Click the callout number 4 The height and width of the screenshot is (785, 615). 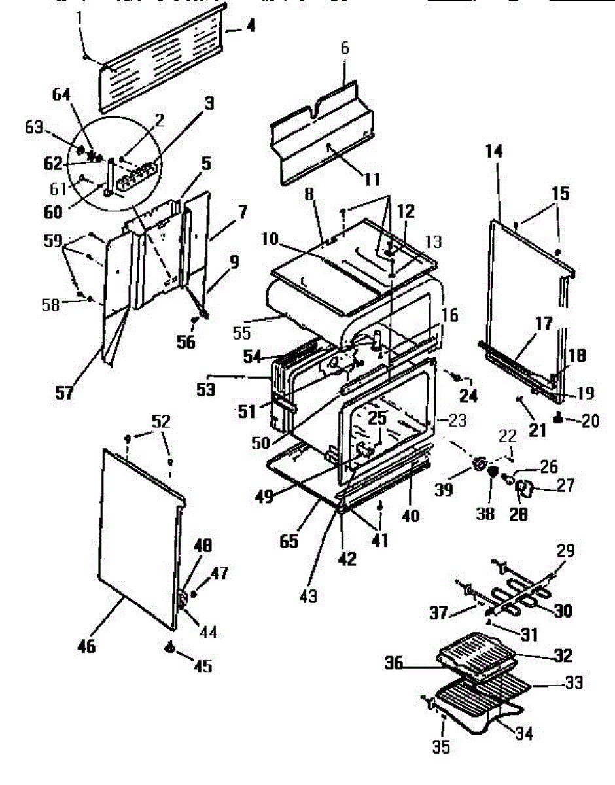point(251,27)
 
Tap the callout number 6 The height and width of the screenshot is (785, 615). point(345,48)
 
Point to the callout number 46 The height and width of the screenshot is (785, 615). point(86,646)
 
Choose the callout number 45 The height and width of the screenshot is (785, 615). point(203,666)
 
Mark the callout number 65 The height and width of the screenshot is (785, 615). point(289,542)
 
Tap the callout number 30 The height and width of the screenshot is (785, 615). point(563,611)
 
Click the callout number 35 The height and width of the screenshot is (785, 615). point(442,746)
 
